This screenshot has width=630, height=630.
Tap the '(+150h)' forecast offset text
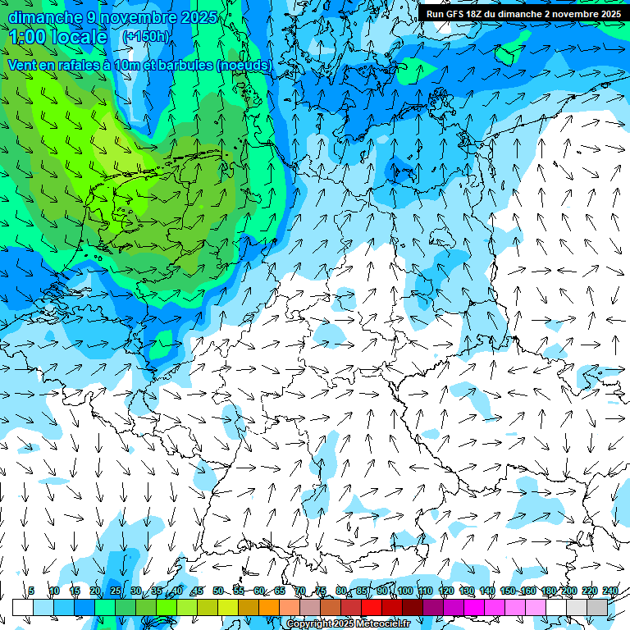click(x=146, y=37)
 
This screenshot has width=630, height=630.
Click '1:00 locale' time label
click(x=59, y=37)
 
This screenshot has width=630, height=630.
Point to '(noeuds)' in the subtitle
click(x=244, y=65)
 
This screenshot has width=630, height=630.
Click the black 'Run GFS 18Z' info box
click(x=523, y=13)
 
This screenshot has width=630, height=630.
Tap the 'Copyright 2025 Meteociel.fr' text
click(x=349, y=623)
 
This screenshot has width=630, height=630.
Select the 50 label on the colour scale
click(x=217, y=591)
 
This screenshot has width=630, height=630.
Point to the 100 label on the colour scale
click(x=404, y=591)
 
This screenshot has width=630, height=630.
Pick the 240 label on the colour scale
click(x=609, y=591)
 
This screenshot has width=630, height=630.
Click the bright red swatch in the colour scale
click(x=372, y=607)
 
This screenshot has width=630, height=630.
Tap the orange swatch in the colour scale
click(x=269, y=607)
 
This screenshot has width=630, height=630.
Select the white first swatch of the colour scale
click(x=22, y=607)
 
